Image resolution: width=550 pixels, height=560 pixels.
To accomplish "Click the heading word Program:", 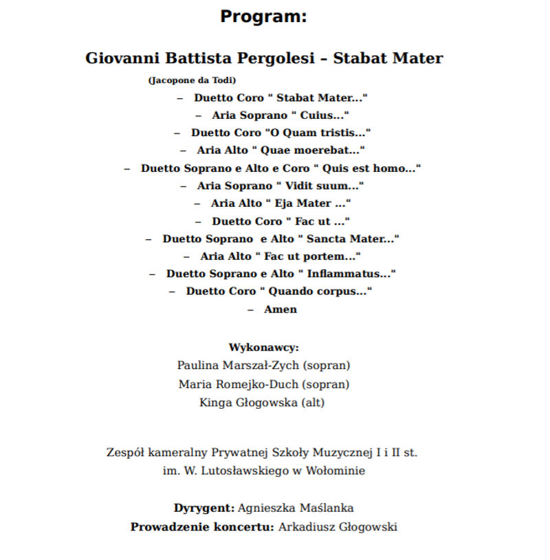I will click(263, 16).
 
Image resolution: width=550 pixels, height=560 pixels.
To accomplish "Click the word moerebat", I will click(335, 150).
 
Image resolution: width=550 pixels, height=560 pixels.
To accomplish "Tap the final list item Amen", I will click(280, 309).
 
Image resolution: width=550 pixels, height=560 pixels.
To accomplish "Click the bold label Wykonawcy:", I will click(263, 348).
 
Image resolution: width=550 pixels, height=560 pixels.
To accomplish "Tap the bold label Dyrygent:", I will click(204, 508).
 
